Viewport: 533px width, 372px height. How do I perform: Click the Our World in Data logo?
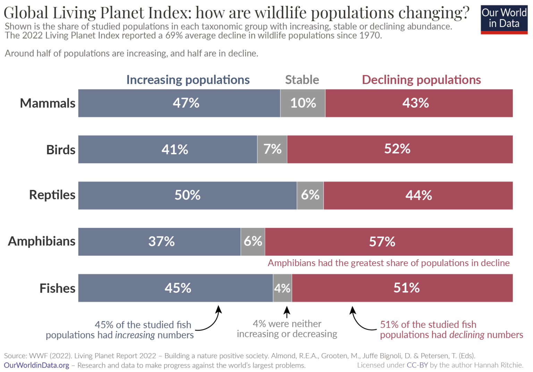click(504, 19)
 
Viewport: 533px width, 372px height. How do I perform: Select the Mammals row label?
click(48, 103)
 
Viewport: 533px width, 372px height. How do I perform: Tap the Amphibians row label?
click(42, 241)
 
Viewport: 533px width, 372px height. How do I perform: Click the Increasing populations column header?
click(188, 80)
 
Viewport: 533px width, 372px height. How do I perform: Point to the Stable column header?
click(302, 80)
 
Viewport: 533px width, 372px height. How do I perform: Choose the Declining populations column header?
click(421, 80)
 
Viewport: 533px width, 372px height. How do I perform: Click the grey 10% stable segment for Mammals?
click(303, 103)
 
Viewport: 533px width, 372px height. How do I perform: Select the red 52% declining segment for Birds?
click(400, 149)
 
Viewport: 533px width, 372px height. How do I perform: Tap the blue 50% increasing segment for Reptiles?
click(187, 195)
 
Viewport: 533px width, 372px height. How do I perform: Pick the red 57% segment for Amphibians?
click(389, 242)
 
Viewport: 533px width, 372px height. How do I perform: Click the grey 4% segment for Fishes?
click(282, 288)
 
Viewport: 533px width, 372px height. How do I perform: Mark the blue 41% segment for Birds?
click(168, 149)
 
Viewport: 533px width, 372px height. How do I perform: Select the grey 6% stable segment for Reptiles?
click(310, 195)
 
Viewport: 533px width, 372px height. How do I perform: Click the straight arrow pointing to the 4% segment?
click(287, 312)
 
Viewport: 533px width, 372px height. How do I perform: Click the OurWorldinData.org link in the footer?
click(36, 365)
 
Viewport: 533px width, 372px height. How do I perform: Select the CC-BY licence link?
click(417, 365)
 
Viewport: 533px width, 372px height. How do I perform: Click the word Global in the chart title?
click(26, 13)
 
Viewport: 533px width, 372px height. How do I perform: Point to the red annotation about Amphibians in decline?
click(388, 263)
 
